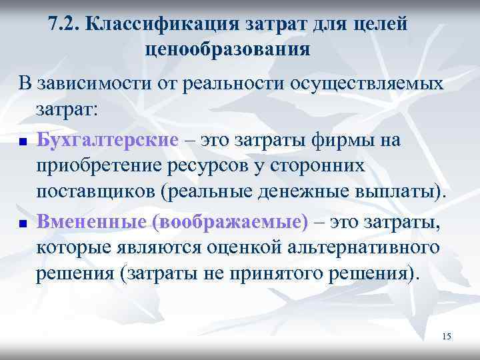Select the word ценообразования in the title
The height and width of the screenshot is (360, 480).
(x=227, y=49)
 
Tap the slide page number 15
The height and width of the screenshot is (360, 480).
(x=446, y=337)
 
